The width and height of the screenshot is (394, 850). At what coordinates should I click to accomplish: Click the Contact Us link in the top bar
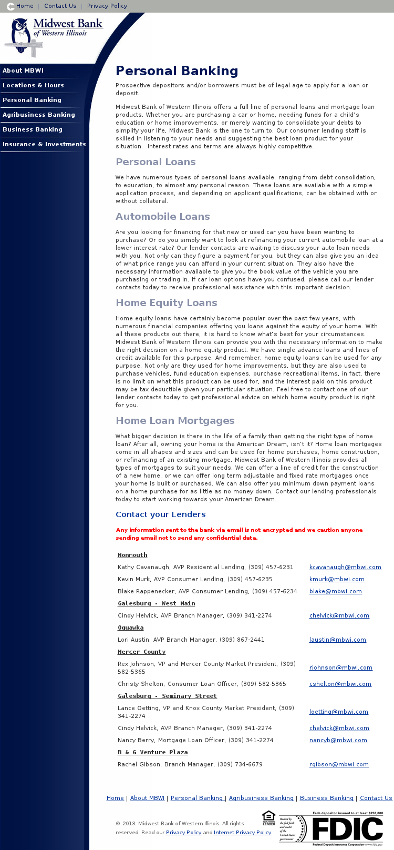pyautogui.click(x=60, y=6)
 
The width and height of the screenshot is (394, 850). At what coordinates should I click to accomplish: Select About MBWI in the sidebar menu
pyautogui.click(x=23, y=70)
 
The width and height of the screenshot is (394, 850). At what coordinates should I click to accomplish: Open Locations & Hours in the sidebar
pyautogui.click(x=33, y=85)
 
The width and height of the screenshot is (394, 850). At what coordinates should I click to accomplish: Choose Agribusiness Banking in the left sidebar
pyautogui.click(x=39, y=115)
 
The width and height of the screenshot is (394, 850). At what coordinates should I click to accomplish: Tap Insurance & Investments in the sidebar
pyautogui.click(x=44, y=144)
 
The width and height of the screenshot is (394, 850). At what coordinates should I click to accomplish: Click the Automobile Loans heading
pyautogui.click(x=163, y=217)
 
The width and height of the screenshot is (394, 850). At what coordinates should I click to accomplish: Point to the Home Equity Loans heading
pyautogui.click(x=167, y=303)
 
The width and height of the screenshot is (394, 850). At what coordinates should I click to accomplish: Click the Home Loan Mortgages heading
pyautogui.click(x=175, y=421)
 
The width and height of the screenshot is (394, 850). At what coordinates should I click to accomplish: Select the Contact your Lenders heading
pyautogui.click(x=161, y=514)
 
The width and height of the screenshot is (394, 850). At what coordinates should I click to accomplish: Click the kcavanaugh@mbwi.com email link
pyautogui.click(x=345, y=567)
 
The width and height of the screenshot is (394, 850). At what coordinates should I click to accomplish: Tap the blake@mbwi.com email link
pyautogui.click(x=335, y=591)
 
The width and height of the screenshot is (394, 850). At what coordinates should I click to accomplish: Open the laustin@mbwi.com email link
pyautogui.click(x=337, y=640)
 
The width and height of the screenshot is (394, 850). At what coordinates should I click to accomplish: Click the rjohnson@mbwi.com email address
pyautogui.click(x=340, y=667)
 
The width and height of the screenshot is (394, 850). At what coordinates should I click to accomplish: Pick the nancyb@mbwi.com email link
pyautogui.click(x=338, y=740)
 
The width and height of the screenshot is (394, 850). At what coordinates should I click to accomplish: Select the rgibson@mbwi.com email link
pyautogui.click(x=339, y=764)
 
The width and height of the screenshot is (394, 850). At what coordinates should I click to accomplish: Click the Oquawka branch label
pyautogui.click(x=130, y=628)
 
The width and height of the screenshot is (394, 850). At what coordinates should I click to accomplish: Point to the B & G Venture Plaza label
pyautogui.click(x=152, y=752)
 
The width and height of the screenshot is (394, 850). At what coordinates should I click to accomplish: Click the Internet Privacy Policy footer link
pyautogui.click(x=242, y=833)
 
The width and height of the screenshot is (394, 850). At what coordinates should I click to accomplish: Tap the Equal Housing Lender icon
pyautogui.click(x=268, y=818)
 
